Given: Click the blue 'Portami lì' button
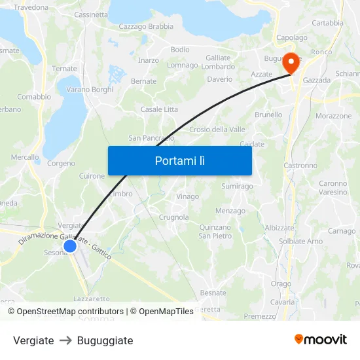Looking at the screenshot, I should coord(179,160).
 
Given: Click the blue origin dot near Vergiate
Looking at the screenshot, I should coord(70,247).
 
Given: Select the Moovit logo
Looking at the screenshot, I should coord(321,340).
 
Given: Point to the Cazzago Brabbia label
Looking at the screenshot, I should coord(146,27).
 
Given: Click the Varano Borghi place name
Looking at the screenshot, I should coord(90,90).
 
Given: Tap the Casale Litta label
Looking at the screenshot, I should coord(159,109).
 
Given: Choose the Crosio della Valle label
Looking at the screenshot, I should coord(217,130).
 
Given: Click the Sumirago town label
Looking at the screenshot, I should coord(237,187).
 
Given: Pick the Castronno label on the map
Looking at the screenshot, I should coord(300,166).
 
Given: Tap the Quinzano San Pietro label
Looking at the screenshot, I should coord(215,232).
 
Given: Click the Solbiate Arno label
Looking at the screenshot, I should coord(301,242).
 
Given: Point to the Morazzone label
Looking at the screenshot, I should coord(334,116).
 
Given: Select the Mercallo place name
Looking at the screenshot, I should coord(25,157).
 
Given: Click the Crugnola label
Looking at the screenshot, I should coord(174,217).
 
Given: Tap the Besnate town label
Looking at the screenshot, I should coord(213,293).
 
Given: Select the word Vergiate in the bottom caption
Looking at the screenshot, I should coord(33,340).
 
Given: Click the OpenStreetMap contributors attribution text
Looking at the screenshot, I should coord(70,312).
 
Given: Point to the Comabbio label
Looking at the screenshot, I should coord(34,97).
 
